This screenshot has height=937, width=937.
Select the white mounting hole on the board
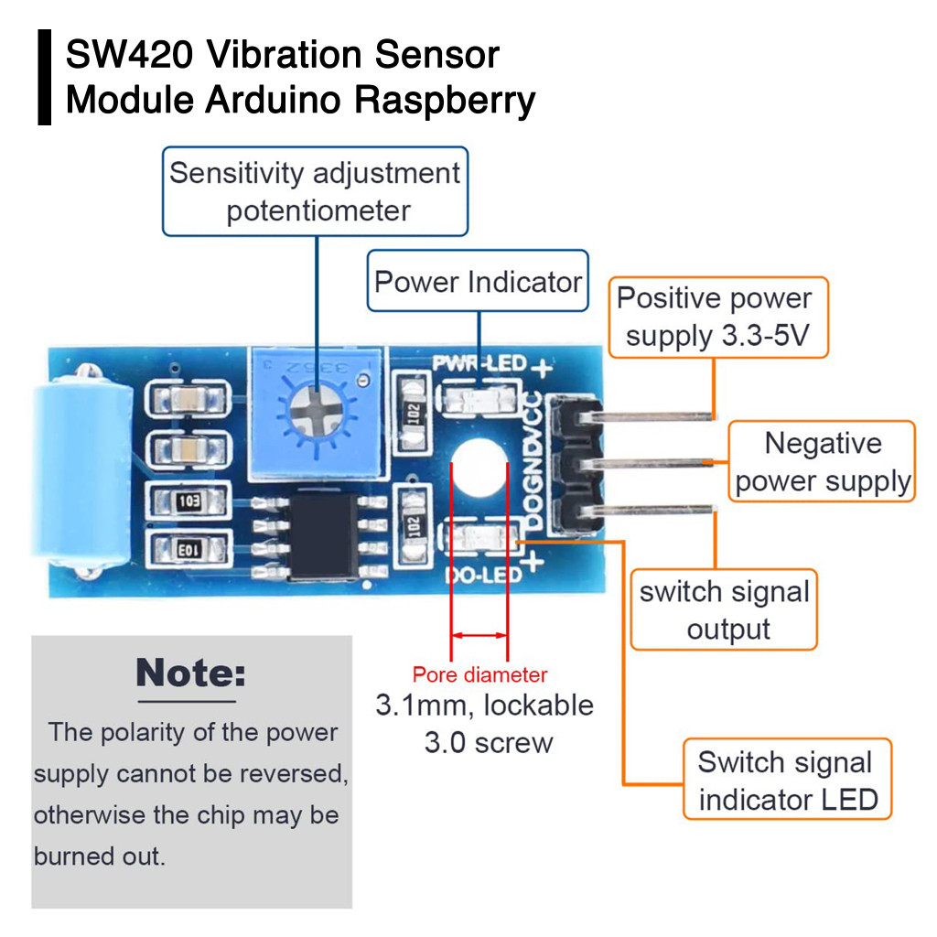point(479,467)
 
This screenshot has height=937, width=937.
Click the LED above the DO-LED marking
point(478,540)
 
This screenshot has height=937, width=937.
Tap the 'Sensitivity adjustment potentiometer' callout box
point(315,191)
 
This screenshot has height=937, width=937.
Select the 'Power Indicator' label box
point(478,281)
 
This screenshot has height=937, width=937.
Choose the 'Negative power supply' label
point(822,461)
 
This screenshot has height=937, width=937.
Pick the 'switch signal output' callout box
point(724,610)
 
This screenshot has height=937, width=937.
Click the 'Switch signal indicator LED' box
point(786,780)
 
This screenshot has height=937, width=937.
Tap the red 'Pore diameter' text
point(479,675)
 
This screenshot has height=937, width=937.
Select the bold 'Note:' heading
point(190,673)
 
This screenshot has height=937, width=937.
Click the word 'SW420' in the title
point(128,55)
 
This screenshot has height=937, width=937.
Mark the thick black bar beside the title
point(44,77)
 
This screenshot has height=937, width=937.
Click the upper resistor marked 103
point(188,501)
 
